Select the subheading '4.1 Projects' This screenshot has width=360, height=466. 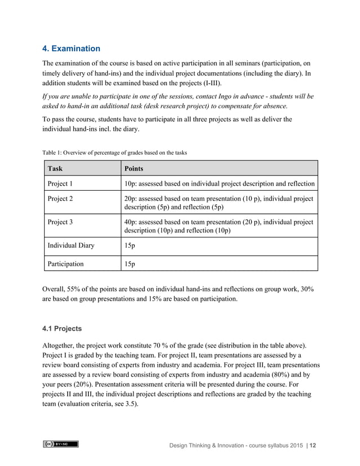62,328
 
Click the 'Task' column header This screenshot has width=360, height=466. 55,169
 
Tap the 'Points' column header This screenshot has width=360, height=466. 134,169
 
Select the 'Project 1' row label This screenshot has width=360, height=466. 60,184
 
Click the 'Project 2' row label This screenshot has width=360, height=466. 60,199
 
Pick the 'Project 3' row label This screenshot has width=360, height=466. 60,222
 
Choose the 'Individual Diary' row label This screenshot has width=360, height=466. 71,245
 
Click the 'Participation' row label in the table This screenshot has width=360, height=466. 65,263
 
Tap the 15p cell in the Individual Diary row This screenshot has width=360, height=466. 129,245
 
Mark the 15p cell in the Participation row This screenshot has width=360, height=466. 129,263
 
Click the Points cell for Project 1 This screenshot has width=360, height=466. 219,184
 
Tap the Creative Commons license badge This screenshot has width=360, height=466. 60,445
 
